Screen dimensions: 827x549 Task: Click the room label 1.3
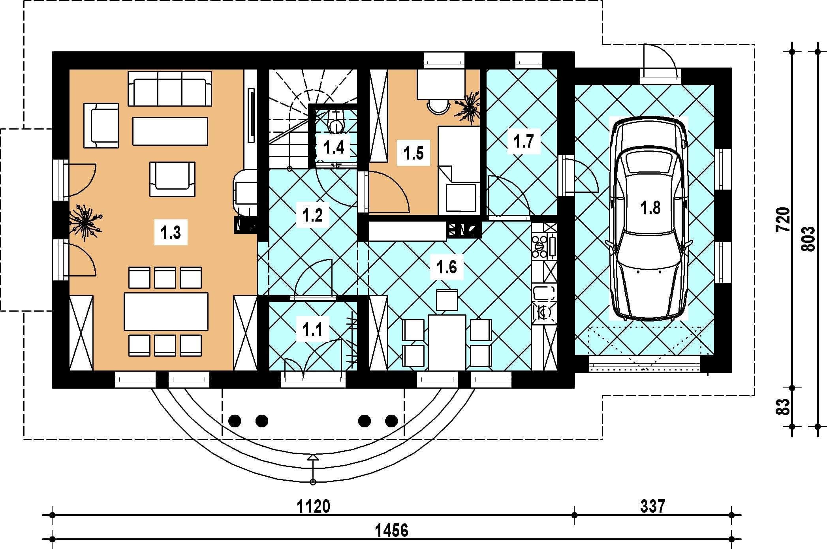pyautogui.click(x=171, y=233)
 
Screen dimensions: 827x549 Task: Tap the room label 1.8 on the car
pyautogui.click(x=650, y=208)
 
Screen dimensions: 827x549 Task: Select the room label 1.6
pyautogui.click(x=447, y=267)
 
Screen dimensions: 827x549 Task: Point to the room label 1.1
pyautogui.click(x=312, y=329)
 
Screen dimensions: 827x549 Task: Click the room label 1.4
pyautogui.click(x=334, y=148)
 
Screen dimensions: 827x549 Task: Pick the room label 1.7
pyautogui.click(x=523, y=141)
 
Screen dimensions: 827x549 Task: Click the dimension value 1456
pyautogui.click(x=391, y=530)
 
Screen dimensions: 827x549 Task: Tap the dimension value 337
pyautogui.click(x=652, y=506)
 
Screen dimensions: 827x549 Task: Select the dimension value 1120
pyautogui.click(x=313, y=506)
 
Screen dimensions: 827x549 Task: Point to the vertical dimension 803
pyautogui.click(x=808, y=239)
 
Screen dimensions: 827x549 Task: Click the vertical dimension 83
pyautogui.click(x=783, y=406)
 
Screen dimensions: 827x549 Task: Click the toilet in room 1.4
pyautogui.click(x=336, y=122)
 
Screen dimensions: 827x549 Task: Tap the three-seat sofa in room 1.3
pyautogui.click(x=170, y=88)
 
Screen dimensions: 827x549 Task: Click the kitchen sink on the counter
pyautogui.click(x=544, y=293)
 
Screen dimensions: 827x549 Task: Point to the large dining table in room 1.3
pyautogui.click(x=166, y=311)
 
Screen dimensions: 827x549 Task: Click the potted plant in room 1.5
pyautogui.click(x=469, y=107)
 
